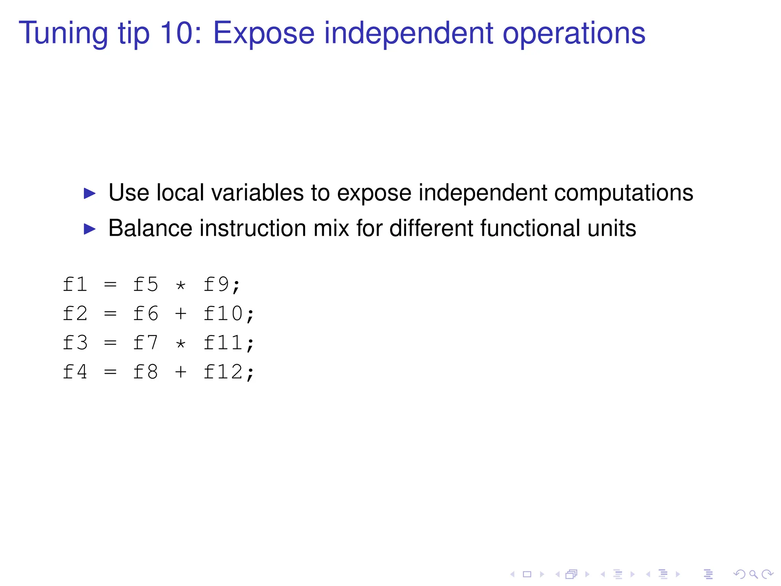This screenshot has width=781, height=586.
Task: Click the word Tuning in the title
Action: coord(63,34)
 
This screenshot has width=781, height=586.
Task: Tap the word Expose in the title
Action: coord(264,34)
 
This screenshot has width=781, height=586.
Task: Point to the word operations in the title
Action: coord(574,34)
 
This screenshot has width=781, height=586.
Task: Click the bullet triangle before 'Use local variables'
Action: coord(89,193)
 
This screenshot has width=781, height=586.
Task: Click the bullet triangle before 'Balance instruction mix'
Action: coord(89,229)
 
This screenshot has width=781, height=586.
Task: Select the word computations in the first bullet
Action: coord(623,193)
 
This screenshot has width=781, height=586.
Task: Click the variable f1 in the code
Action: coord(75,285)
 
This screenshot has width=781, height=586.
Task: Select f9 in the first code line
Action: coord(216,285)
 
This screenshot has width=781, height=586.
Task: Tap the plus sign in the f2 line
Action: coord(181,314)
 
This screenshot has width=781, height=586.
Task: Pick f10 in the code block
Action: coord(223,314)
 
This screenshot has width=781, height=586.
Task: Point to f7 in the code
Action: coord(145,343)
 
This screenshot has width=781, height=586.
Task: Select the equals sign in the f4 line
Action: coord(110,372)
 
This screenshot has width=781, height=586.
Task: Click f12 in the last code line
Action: coord(223,372)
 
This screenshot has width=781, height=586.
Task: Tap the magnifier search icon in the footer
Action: coord(753,574)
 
